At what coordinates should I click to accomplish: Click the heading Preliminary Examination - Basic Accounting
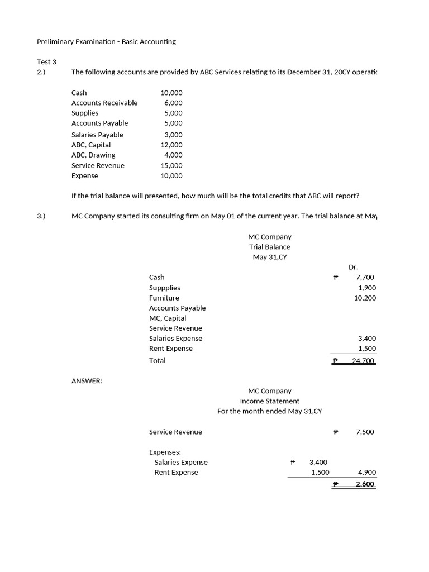(106, 41)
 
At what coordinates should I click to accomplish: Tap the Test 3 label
(47, 62)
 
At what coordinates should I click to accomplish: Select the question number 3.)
(41, 216)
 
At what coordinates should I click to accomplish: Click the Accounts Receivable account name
(104, 103)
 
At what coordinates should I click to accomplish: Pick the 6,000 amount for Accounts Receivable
(173, 103)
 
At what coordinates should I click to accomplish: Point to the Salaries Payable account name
(97, 135)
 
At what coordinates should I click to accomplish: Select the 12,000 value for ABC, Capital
(171, 145)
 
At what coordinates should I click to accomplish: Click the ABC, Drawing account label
(93, 155)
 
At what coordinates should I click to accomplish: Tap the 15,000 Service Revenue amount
(171, 165)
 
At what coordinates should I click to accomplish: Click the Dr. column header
(353, 267)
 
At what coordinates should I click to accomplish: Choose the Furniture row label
(164, 298)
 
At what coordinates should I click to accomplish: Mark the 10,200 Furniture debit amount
(365, 298)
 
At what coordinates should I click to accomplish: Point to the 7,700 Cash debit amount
(365, 277)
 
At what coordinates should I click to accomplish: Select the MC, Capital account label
(168, 318)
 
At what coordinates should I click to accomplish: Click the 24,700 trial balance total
(364, 361)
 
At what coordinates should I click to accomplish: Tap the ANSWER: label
(87, 381)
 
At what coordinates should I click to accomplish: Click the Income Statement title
(270, 401)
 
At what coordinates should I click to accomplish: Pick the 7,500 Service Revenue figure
(365, 432)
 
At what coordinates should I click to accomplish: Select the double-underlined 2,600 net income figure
(365, 484)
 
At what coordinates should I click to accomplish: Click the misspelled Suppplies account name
(165, 288)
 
